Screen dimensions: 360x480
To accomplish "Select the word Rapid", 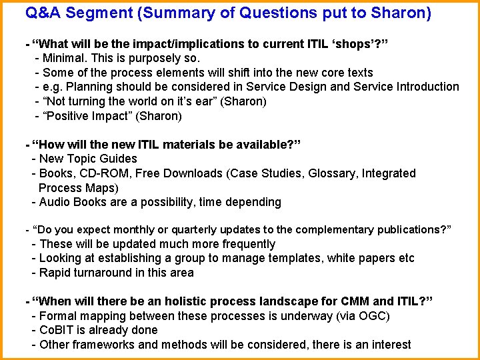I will [55, 273].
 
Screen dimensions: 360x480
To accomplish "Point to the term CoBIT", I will [56, 330].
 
